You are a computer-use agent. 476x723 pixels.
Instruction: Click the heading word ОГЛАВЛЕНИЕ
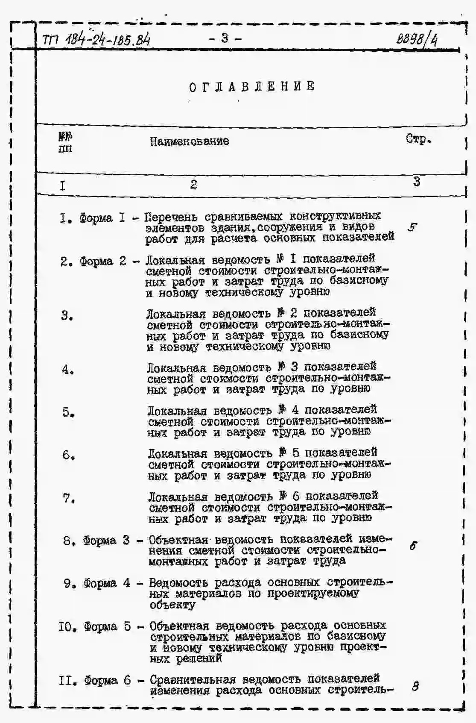(252, 86)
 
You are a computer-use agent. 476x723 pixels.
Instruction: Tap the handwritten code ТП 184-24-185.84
(96, 41)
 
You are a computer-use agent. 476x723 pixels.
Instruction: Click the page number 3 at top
(225, 38)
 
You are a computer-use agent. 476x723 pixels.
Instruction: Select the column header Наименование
(189, 141)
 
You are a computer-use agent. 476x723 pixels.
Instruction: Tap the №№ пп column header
(65, 142)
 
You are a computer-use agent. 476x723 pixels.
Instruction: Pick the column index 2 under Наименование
(193, 185)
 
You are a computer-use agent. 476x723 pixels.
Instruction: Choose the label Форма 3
(106, 540)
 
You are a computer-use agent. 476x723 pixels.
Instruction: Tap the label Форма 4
(107, 583)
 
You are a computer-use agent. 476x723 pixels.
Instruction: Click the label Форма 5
(107, 626)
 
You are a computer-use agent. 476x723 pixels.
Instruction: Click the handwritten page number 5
(412, 227)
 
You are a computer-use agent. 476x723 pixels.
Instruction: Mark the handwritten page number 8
(415, 686)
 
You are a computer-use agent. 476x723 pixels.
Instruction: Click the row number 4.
(67, 369)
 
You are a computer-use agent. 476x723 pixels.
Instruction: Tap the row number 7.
(69, 498)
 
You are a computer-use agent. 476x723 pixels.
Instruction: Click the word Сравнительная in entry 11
(193, 679)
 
